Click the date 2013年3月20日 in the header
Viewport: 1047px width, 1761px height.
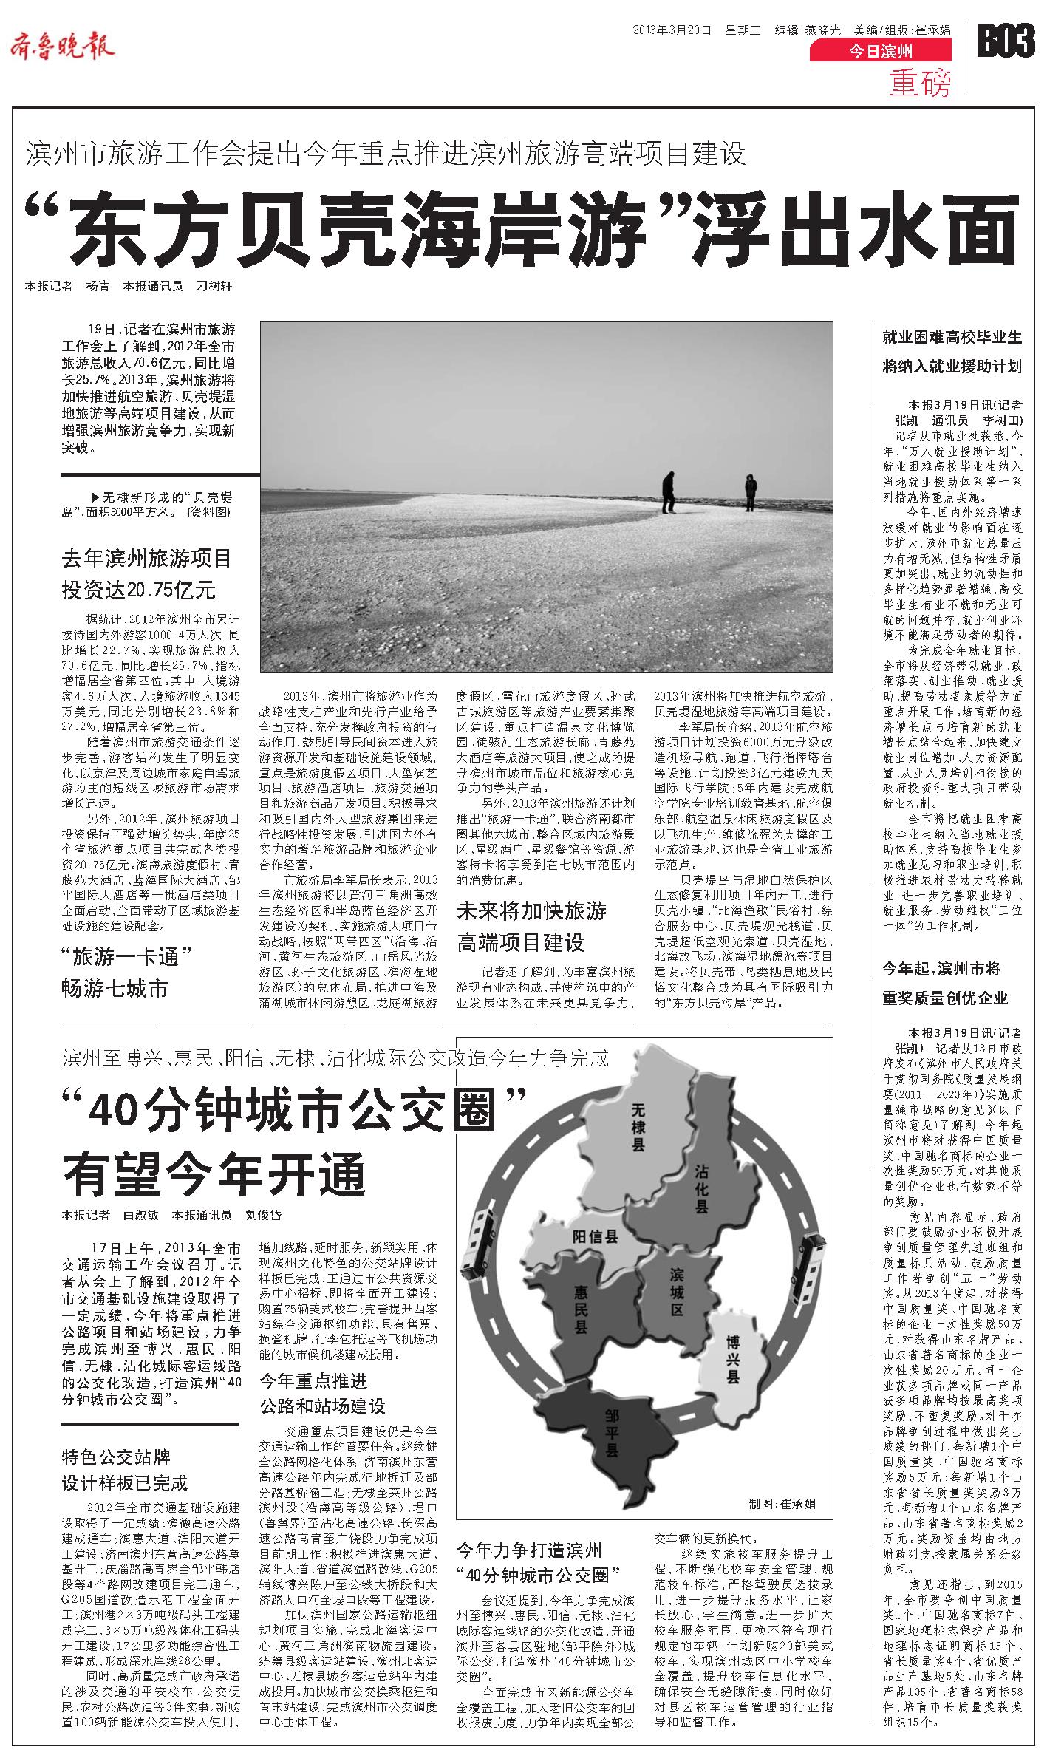[x=672, y=30]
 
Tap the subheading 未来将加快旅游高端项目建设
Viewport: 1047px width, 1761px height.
[x=532, y=926]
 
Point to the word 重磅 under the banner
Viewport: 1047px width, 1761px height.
[x=921, y=83]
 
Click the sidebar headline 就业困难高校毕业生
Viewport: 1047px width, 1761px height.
[x=952, y=338]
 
